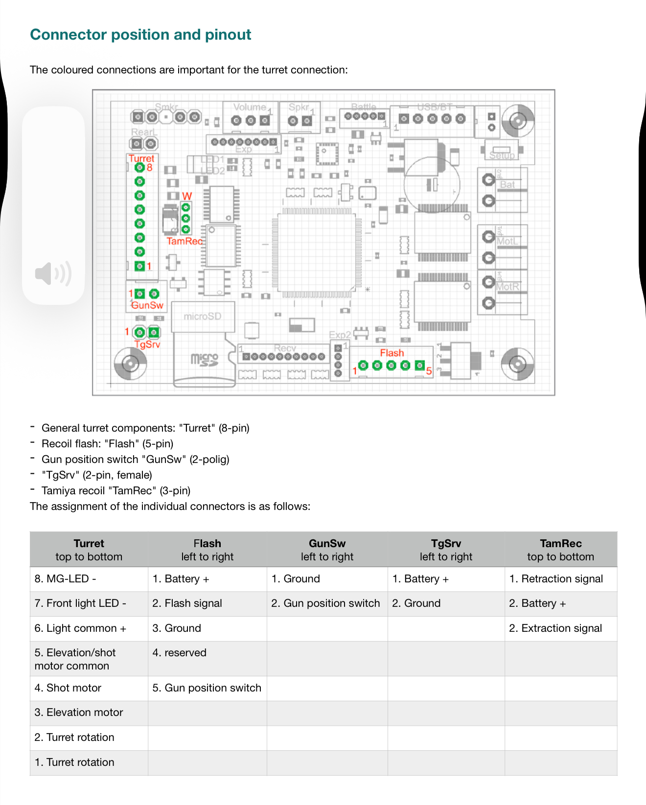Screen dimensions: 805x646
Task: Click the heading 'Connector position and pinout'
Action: coord(140,35)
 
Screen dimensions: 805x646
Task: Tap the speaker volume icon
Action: coord(53,274)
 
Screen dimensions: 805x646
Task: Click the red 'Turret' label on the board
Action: coord(141,159)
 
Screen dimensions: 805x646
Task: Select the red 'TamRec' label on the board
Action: coord(185,241)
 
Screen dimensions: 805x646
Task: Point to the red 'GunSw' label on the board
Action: coord(147,305)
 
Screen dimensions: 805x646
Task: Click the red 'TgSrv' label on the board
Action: coord(147,344)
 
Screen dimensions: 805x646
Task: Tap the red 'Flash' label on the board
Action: coord(392,353)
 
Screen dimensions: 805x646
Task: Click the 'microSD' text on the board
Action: coord(203,317)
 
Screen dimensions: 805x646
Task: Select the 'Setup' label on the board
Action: coord(502,156)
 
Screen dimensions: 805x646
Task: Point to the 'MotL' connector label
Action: coord(507,241)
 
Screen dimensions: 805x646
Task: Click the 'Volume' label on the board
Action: coord(250,107)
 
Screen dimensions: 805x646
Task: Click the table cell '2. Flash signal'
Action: coord(187,603)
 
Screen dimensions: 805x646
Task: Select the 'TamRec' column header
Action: coord(561,550)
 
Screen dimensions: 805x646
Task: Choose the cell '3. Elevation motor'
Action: coord(79,713)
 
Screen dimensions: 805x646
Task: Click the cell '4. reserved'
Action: coord(180,653)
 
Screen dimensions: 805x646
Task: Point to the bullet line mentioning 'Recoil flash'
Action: coord(108,444)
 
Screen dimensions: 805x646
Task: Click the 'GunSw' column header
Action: coord(327,550)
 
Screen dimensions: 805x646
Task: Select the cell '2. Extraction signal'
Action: coord(555,628)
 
